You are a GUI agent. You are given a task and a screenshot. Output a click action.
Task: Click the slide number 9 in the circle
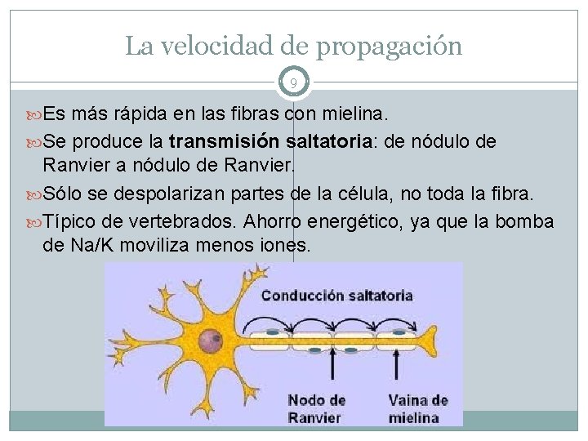pos(293,82)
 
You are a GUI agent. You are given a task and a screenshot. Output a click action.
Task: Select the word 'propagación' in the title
pos(389,46)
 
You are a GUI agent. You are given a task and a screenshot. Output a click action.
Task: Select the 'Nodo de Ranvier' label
pos(316,408)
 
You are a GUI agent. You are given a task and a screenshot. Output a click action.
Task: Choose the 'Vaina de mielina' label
pos(418,408)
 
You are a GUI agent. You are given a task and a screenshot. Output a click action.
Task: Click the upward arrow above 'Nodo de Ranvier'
pos(332,372)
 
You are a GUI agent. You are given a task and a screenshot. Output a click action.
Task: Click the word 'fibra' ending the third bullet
pos(513,194)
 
